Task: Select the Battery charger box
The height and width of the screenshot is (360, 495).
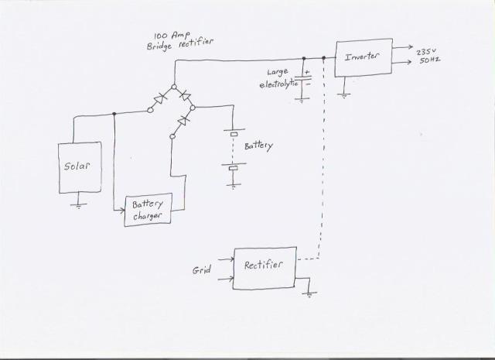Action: tap(147, 209)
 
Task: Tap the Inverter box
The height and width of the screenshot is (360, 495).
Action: tap(363, 58)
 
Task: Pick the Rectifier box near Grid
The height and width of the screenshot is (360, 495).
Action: tap(264, 266)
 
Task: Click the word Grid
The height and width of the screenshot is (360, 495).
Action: tap(202, 270)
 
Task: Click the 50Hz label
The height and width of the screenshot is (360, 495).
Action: tap(429, 60)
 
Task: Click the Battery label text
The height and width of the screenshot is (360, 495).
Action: tap(258, 145)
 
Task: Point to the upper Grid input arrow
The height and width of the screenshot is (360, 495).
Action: tap(228, 258)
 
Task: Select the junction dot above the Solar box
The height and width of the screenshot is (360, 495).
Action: tap(114, 114)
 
